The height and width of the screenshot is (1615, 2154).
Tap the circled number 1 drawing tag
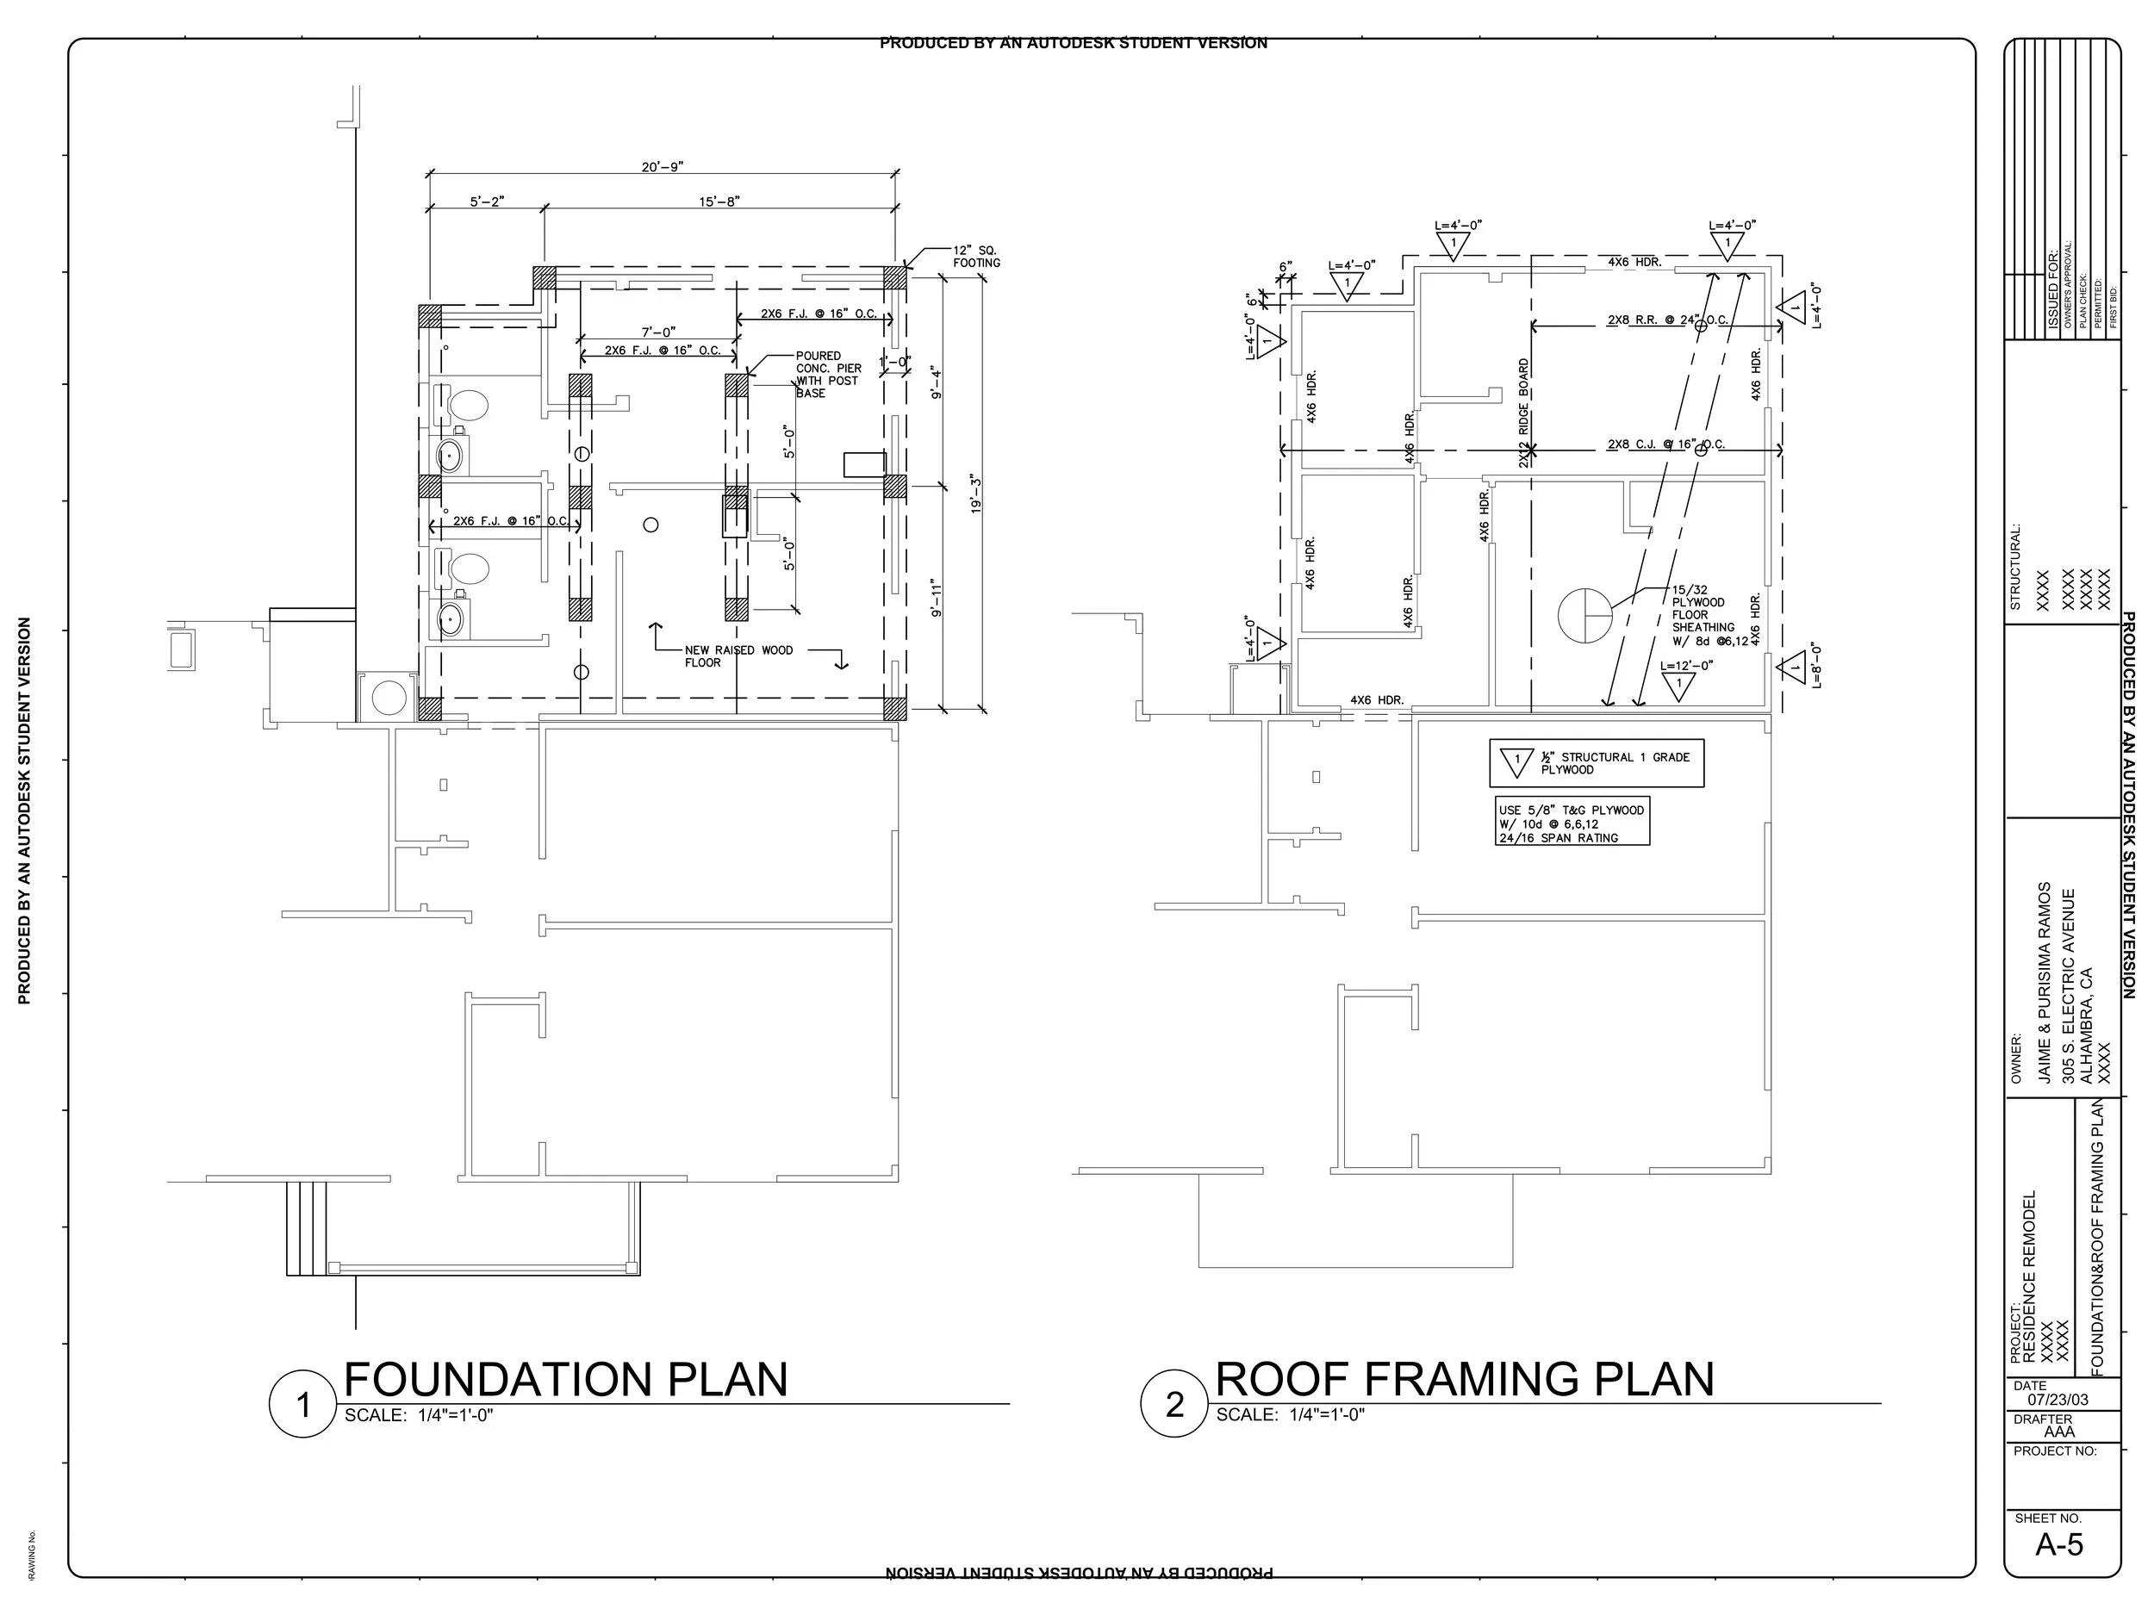click(x=302, y=1405)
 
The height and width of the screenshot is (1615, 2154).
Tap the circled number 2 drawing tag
click(x=1174, y=1404)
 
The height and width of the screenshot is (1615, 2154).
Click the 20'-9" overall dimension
click(x=663, y=166)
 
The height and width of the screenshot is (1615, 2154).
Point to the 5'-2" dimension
click(x=487, y=202)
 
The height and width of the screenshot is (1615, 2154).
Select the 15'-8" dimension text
click(x=719, y=202)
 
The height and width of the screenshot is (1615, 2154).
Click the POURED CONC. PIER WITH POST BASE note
click(x=828, y=375)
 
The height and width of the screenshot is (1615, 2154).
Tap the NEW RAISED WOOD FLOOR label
click(x=738, y=656)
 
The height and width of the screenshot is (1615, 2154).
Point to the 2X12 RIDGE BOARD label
click(x=1524, y=413)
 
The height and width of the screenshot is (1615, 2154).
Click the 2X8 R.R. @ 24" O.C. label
click(x=1667, y=320)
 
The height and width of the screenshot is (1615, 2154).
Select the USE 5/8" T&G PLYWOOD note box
click(x=1572, y=823)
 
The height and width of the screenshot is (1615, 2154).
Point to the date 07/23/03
click(x=2058, y=1400)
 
